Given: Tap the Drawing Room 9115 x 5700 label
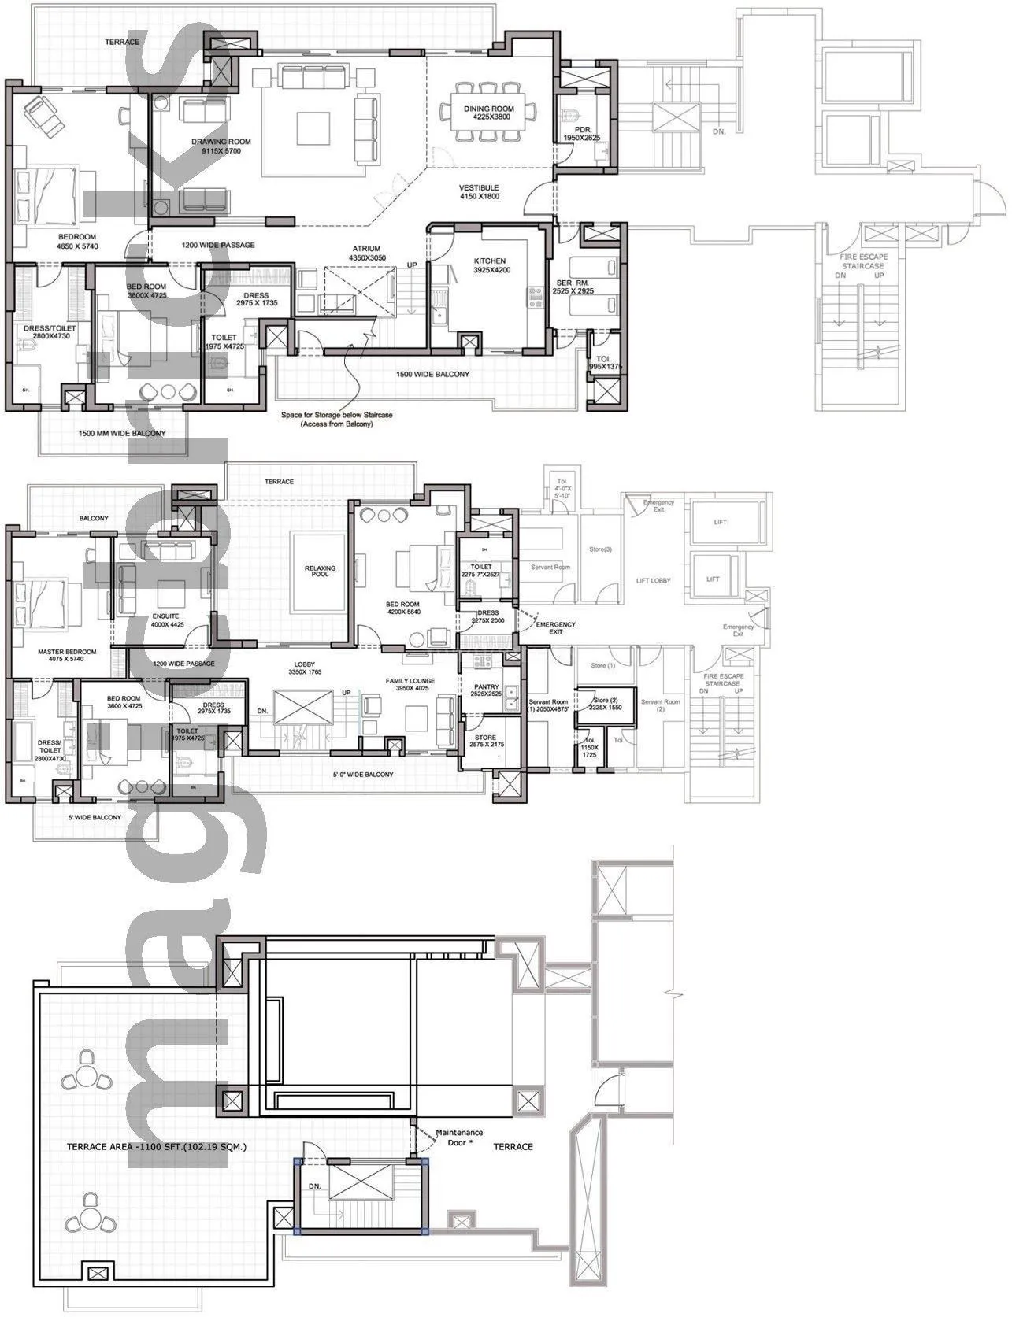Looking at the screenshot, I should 221,146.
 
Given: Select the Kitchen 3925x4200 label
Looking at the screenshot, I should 489,265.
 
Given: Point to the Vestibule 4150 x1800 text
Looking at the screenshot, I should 479,192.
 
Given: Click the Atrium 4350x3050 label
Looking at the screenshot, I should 366,253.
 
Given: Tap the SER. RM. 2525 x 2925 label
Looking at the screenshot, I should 573,287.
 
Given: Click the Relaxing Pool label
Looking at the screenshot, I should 320,571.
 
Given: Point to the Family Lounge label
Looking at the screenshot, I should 410,684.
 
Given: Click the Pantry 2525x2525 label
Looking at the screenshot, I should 486,690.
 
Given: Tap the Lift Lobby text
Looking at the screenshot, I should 653,580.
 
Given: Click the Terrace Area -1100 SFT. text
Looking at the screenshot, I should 156,1147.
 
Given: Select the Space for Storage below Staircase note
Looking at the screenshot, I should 336,419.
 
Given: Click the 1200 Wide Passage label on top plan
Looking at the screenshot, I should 218,245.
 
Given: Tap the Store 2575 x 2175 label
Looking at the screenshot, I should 485,742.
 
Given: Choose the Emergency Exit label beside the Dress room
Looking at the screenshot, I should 555,627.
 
